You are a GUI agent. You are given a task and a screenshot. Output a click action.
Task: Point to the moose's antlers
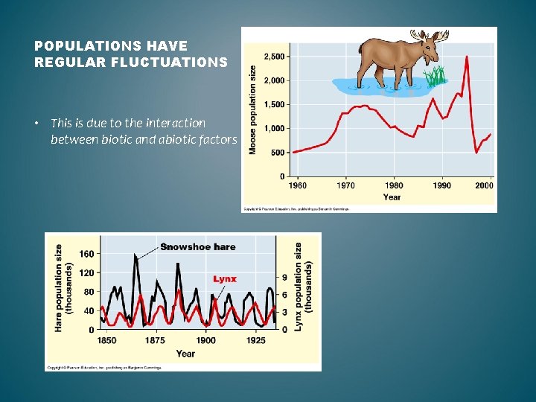click(430, 36)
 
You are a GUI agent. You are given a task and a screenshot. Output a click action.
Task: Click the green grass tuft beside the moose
click(435, 76)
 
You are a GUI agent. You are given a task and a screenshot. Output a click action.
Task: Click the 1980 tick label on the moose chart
click(394, 185)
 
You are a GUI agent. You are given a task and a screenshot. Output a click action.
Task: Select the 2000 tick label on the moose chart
click(483, 185)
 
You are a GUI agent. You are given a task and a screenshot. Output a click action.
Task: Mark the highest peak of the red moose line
click(467, 57)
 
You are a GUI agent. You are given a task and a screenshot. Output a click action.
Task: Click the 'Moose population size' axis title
click(253, 110)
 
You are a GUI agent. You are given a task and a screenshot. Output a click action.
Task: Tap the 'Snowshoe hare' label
click(197, 246)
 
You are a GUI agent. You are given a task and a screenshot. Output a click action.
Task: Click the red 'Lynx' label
click(225, 279)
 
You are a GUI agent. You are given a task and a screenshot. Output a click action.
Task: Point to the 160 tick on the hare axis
click(86, 254)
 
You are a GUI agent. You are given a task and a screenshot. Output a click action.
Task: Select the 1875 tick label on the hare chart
click(155, 341)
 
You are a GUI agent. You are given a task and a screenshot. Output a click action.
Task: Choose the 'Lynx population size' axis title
click(303, 287)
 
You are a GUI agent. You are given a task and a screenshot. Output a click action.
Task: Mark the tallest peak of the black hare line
click(135, 255)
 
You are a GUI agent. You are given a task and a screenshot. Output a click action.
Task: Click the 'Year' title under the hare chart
click(185, 354)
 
